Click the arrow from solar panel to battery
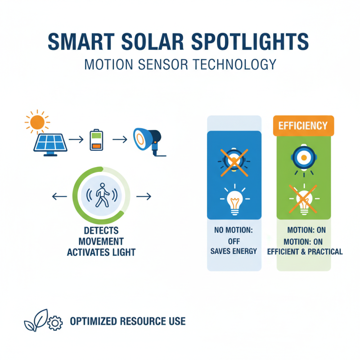tap(76, 139)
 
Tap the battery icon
tap(96, 139)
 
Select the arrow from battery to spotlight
tap(119, 139)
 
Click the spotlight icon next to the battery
tap(147, 140)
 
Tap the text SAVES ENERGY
tap(234, 251)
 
